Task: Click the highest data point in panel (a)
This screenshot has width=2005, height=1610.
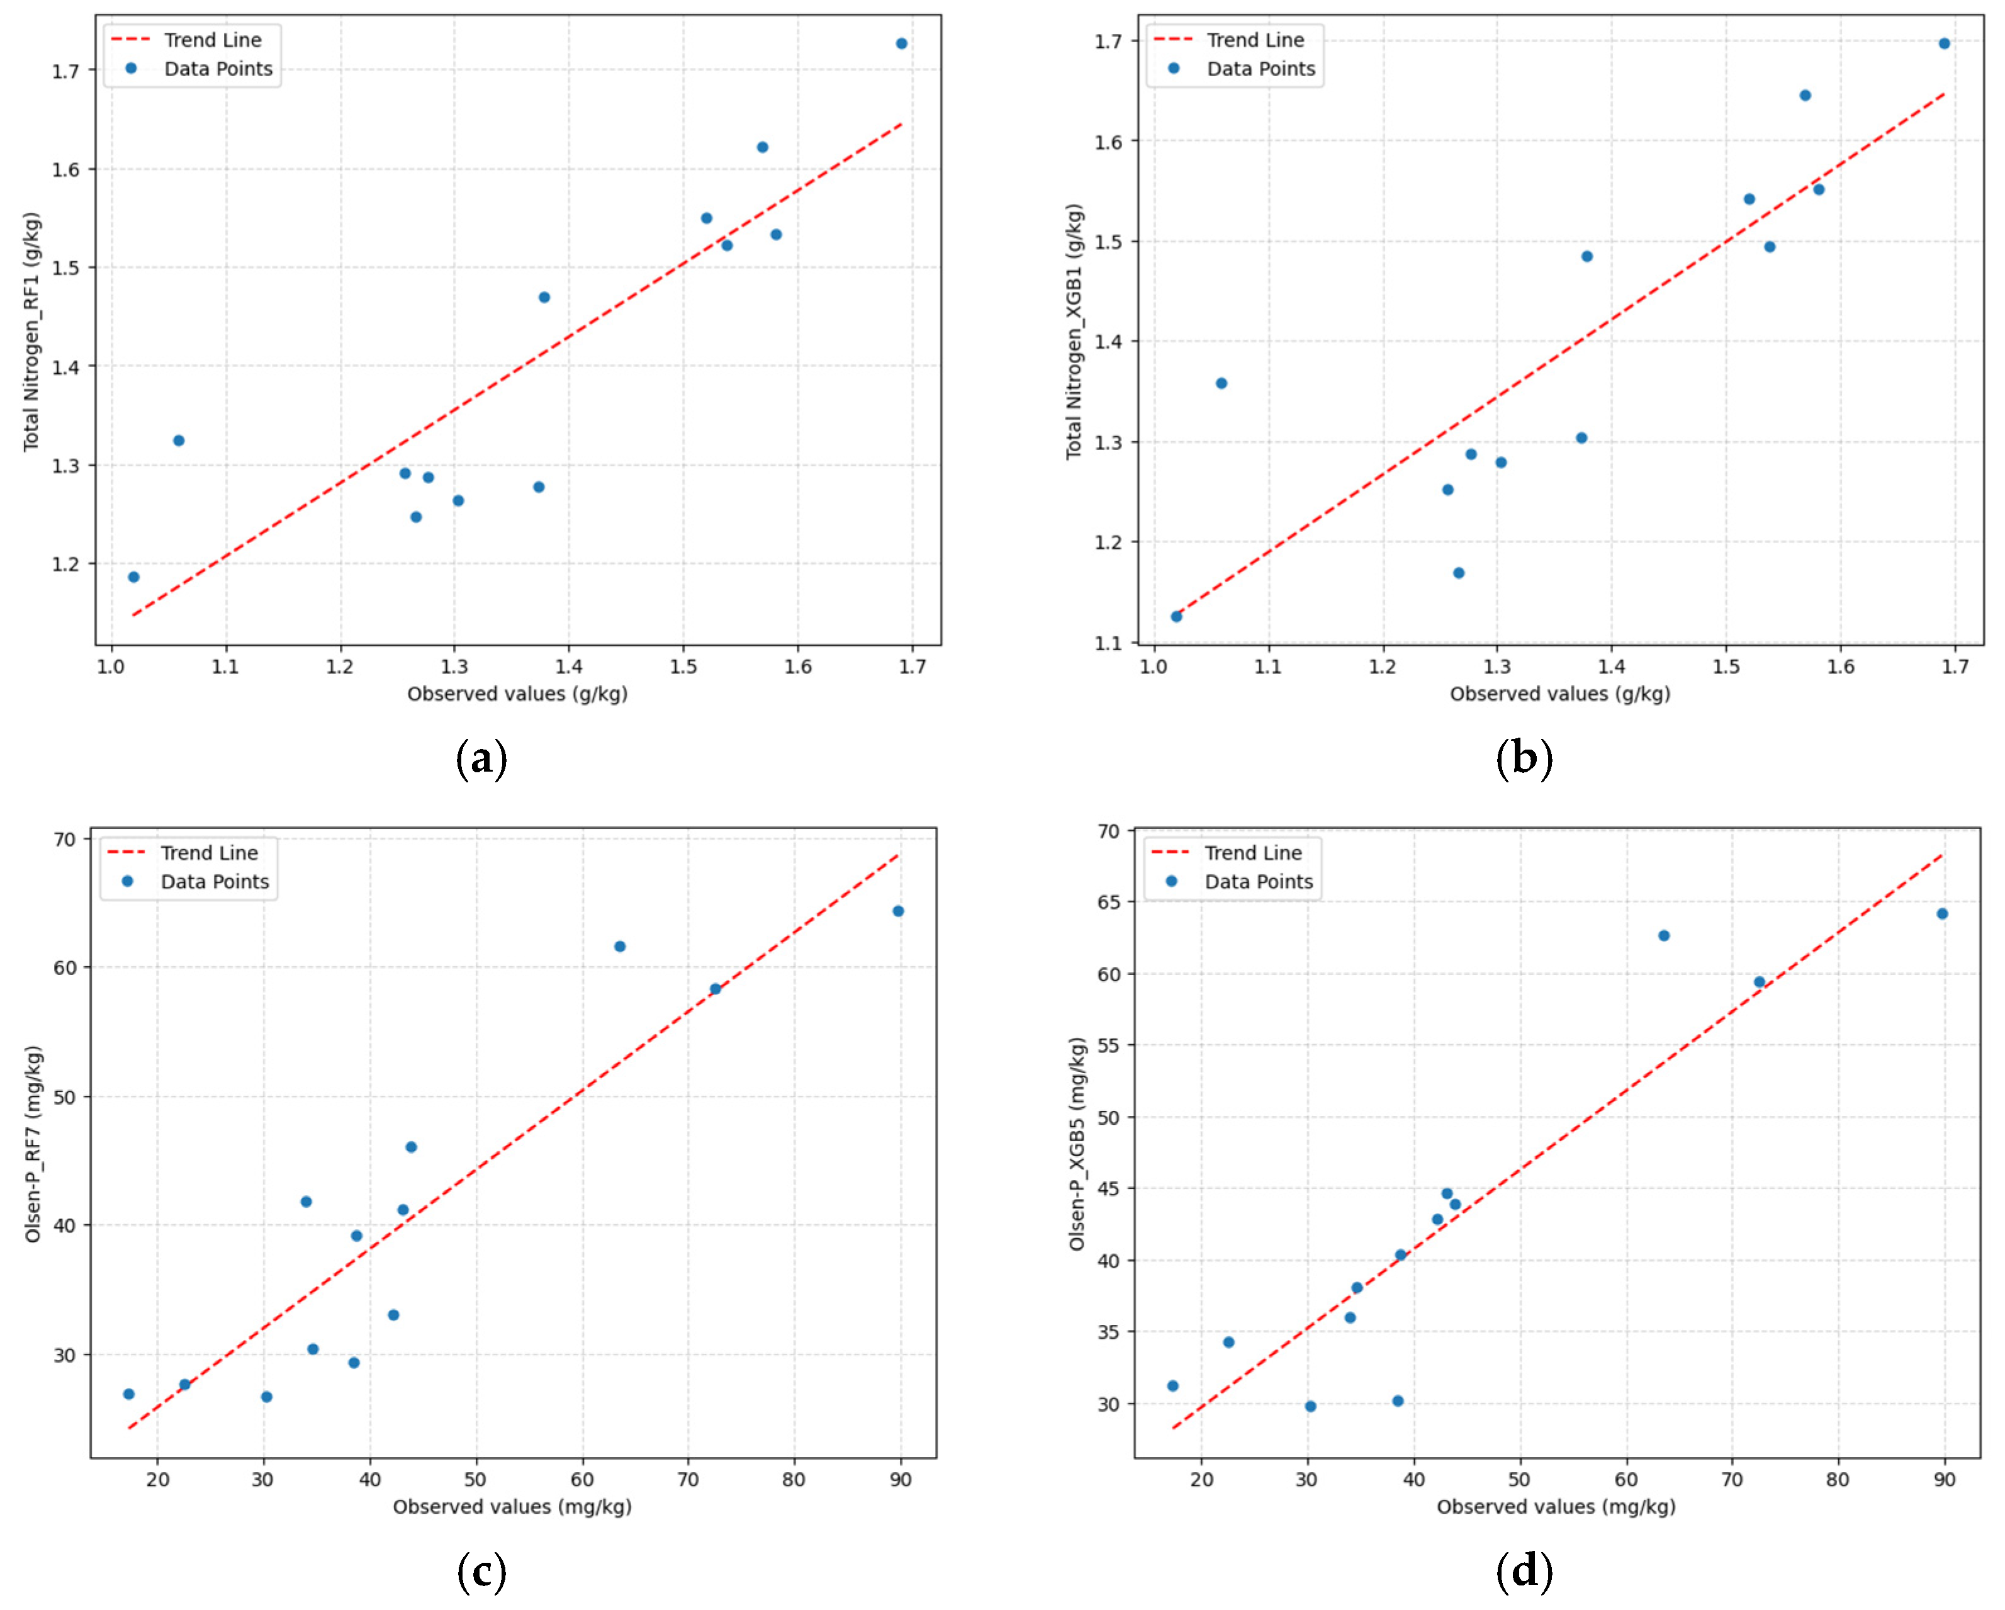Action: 901,43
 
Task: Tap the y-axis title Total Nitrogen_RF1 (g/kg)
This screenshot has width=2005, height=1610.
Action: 31,332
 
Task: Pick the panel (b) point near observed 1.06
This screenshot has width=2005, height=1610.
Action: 1221,383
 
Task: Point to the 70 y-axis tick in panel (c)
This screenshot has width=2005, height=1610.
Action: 65,839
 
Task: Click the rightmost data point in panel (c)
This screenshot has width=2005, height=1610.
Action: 898,911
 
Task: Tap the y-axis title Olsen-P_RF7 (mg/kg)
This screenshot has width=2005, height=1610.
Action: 33,1144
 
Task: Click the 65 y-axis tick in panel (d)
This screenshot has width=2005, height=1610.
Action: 1108,902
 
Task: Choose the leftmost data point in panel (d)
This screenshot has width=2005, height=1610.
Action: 1172,1386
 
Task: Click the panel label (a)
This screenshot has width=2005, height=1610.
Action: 481,758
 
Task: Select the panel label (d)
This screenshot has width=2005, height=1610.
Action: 1524,1571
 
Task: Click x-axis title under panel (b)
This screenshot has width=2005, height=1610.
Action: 1559,694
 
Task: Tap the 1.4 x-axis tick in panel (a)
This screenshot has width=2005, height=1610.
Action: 568,667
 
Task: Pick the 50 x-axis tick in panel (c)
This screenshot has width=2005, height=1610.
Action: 475,1480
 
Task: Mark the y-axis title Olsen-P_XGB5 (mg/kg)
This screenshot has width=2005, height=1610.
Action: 1077,1144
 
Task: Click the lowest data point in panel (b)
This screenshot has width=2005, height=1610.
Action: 1176,617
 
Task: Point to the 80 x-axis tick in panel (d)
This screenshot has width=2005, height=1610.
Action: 1838,1480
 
